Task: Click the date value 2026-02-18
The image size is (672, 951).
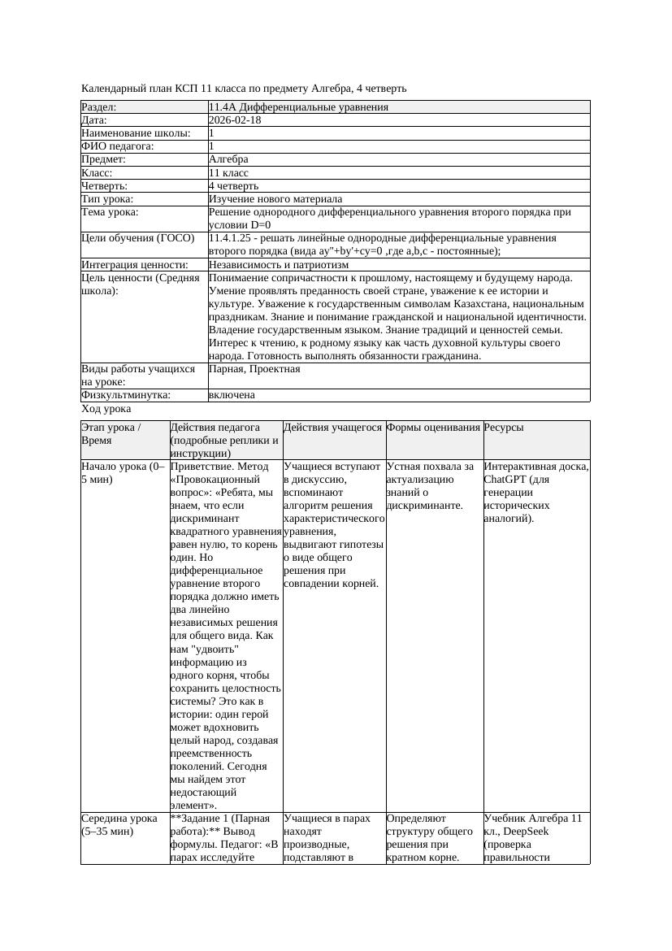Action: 235,120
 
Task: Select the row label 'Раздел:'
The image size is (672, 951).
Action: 99,107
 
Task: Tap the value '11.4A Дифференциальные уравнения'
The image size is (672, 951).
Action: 298,107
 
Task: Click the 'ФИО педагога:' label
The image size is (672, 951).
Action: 118,146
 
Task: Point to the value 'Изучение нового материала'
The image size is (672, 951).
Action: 275,199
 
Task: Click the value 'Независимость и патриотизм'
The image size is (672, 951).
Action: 279,265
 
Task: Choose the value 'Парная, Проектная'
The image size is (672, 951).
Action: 254,370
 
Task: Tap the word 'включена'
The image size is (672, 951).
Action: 232,395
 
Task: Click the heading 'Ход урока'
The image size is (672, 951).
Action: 106,409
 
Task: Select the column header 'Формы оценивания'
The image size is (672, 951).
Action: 433,428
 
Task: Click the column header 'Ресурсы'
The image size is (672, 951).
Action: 504,428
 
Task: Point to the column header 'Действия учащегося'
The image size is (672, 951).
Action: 333,428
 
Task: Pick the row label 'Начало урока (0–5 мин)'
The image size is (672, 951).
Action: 124,473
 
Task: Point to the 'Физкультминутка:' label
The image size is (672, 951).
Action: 126,395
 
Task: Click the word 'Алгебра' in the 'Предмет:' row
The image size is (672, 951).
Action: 229,160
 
